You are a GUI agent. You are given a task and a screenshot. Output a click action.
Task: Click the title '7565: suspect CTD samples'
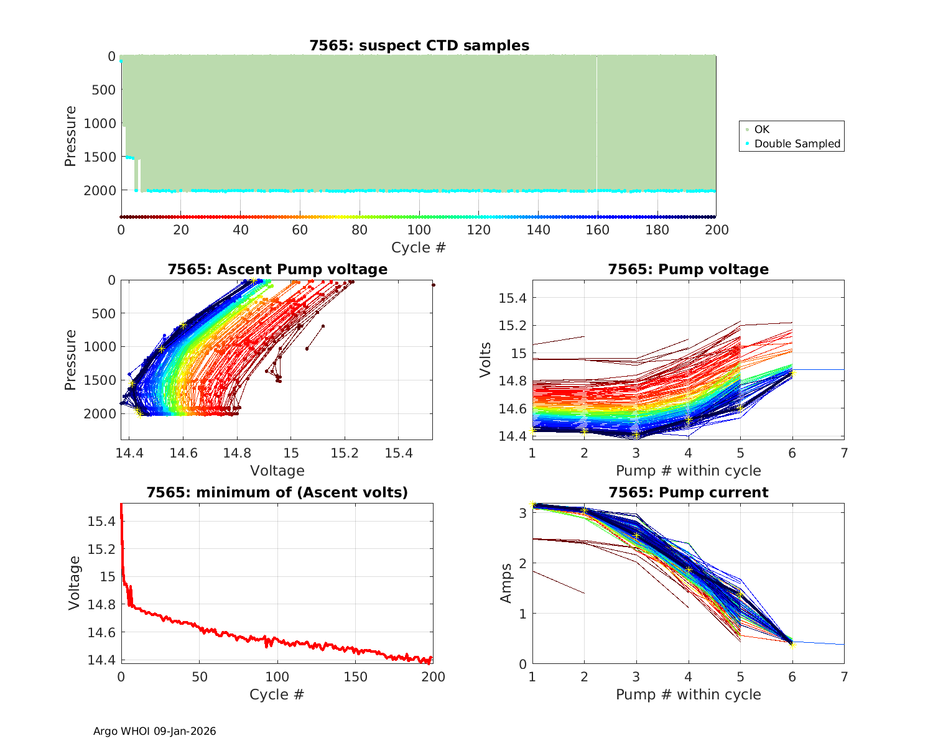tap(419, 45)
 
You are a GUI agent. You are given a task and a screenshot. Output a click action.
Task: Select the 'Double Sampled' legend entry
tap(797, 144)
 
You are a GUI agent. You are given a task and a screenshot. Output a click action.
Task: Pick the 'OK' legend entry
tap(761, 129)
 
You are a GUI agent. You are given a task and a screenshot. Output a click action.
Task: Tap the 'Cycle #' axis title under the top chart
tap(419, 247)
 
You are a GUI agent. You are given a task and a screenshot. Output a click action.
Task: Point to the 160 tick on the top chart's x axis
tap(598, 230)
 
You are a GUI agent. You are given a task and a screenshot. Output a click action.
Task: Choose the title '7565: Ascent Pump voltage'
tap(277, 269)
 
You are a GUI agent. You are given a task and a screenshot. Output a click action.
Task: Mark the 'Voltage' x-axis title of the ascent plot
tap(277, 471)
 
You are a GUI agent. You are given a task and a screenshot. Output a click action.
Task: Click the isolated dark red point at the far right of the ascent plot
tap(433, 285)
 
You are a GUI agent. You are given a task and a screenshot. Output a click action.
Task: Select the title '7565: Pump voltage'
tap(688, 269)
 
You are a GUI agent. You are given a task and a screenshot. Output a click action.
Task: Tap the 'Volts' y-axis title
tap(486, 359)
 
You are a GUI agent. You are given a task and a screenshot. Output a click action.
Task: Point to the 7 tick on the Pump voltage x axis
tap(844, 453)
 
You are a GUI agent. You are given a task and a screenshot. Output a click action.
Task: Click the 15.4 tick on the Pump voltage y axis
tap(512, 298)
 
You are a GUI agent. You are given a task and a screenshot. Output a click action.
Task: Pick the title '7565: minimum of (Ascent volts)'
tap(277, 492)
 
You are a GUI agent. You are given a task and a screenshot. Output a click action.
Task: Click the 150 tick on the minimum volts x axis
tap(355, 676)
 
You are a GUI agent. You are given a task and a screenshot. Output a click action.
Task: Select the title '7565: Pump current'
tap(688, 492)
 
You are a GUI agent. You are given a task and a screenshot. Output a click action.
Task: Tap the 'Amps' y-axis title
tap(506, 583)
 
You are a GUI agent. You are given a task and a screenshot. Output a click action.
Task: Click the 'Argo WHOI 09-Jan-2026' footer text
tap(155, 731)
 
